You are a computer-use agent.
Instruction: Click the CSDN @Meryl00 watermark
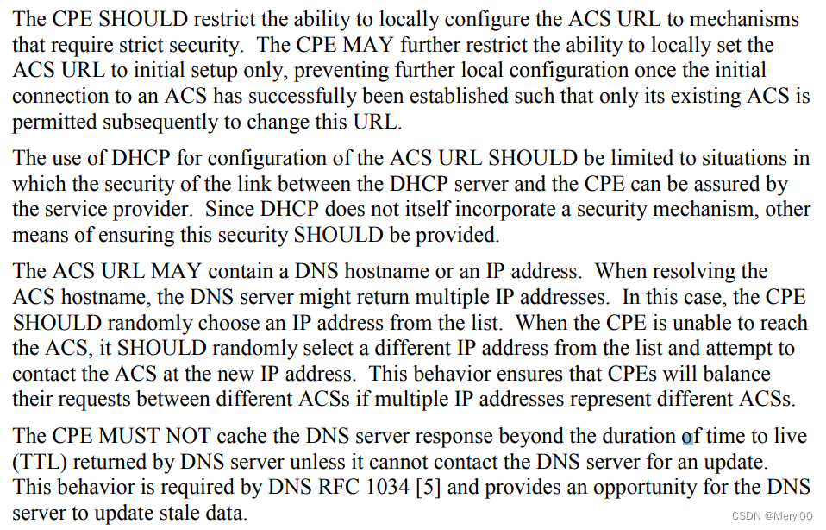pyautogui.click(x=775, y=515)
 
